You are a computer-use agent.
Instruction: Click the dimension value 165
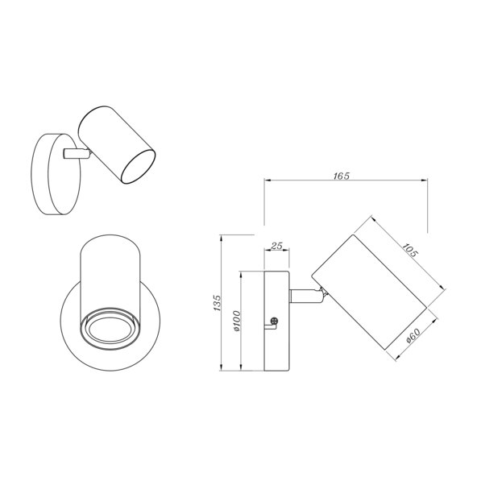click(x=342, y=176)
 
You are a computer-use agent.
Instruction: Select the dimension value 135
click(x=217, y=302)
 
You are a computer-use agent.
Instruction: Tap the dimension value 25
click(x=277, y=246)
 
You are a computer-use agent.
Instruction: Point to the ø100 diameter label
click(x=236, y=321)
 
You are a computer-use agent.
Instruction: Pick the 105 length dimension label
click(x=409, y=251)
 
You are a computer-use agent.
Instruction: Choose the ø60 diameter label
click(x=413, y=336)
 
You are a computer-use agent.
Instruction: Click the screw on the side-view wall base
click(x=275, y=321)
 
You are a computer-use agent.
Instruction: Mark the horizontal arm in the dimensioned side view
click(x=305, y=296)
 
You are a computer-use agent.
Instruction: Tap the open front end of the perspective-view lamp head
click(x=139, y=167)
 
